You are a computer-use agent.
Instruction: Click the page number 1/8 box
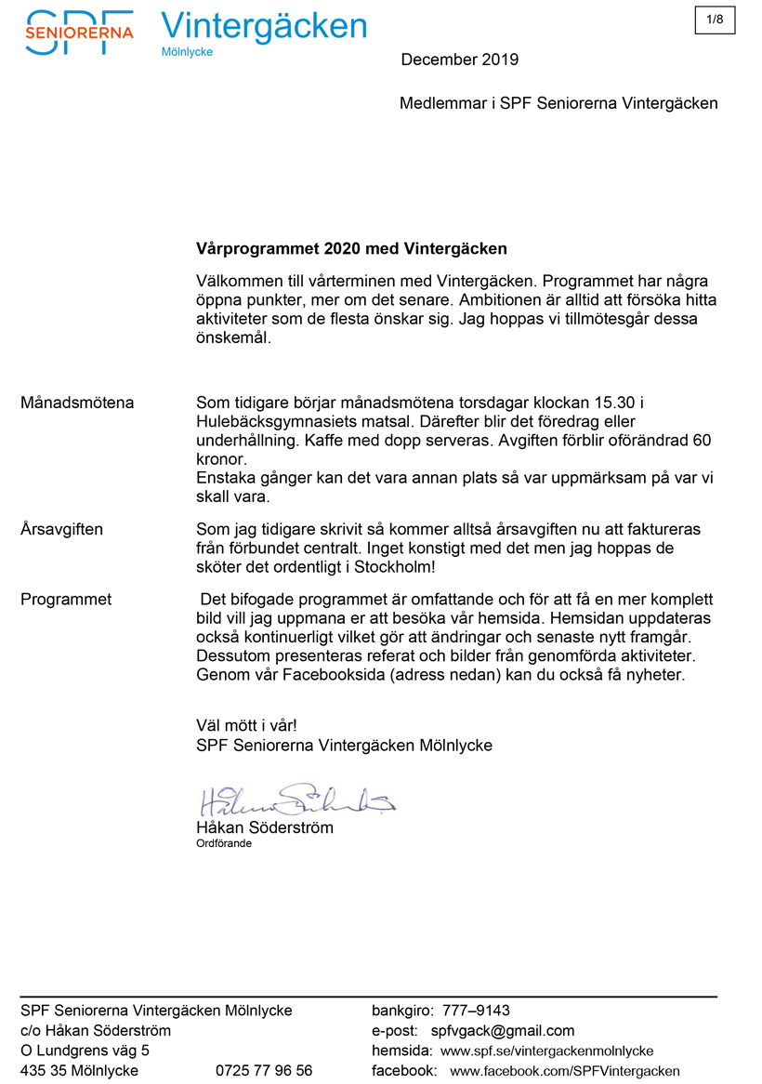click(715, 19)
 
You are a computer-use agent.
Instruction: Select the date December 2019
click(459, 60)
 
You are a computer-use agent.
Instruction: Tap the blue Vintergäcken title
click(264, 26)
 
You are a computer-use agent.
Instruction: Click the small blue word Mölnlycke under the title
click(187, 52)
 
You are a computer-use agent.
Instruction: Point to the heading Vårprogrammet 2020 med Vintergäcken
click(352, 248)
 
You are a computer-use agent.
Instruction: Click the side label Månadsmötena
click(77, 403)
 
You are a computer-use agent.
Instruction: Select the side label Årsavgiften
click(61, 529)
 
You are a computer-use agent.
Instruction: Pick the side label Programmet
click(66, 600)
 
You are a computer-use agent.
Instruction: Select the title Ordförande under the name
click(224, 844)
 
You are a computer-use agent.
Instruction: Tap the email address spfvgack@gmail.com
click(503, 1030)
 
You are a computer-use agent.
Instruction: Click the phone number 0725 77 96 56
click(264, 1070)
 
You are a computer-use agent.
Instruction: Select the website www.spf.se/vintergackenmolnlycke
click(546, 1051)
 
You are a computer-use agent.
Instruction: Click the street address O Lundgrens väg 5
click(85, 1051)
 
